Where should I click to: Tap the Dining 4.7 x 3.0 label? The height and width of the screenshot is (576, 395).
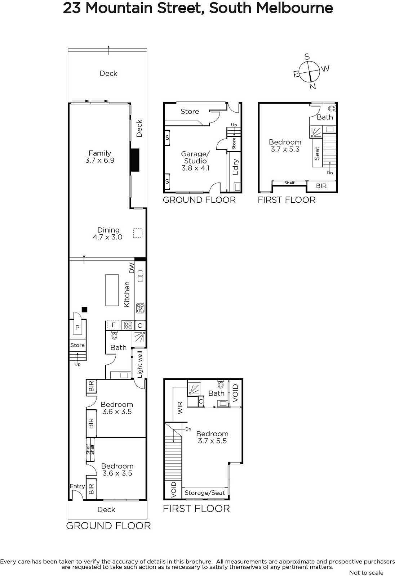[x=108, y=234]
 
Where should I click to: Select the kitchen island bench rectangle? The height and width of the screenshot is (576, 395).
[x=112, y=290]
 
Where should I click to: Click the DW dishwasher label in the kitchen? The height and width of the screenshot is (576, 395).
[x=132, y=268]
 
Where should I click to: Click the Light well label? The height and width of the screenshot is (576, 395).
[x=140, y=365]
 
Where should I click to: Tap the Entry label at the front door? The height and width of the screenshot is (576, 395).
[x=77, y=486]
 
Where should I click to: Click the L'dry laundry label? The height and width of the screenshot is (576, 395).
[x=236, y=167]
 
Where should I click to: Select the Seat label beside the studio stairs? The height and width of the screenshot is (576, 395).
[x=317, y=153]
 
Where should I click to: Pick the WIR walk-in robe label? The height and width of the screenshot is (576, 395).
[x=180, y=408]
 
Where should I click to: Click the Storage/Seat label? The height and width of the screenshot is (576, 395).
[x=205, y=493]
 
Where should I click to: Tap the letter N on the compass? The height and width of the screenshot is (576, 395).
[x=312, y=87]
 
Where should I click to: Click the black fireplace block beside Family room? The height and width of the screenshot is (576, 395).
[x=135, y=160]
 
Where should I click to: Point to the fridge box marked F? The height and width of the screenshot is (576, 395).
[x=113, y=325]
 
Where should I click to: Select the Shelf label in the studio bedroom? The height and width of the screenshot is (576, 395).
[x=289, y=183]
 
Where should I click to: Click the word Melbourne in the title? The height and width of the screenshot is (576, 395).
[x=294, y=8]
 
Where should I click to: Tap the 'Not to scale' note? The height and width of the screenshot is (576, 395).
[x=366, y=572]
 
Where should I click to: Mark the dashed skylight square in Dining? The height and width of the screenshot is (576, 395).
[x=138, y=233]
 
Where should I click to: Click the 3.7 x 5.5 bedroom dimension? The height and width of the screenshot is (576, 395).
[x=212, y=441]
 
